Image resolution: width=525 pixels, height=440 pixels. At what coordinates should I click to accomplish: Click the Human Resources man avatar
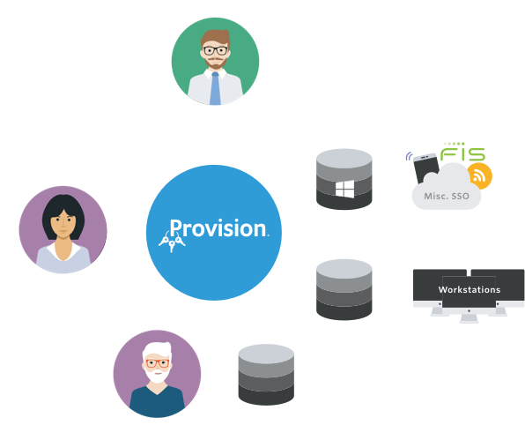tap(215, 61)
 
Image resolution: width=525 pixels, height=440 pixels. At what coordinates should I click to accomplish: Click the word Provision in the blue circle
tap(218, 228)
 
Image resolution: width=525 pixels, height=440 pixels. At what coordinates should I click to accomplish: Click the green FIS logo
tap(462, 152)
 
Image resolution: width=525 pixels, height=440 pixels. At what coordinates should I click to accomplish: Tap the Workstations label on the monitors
tap(470, 289)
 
